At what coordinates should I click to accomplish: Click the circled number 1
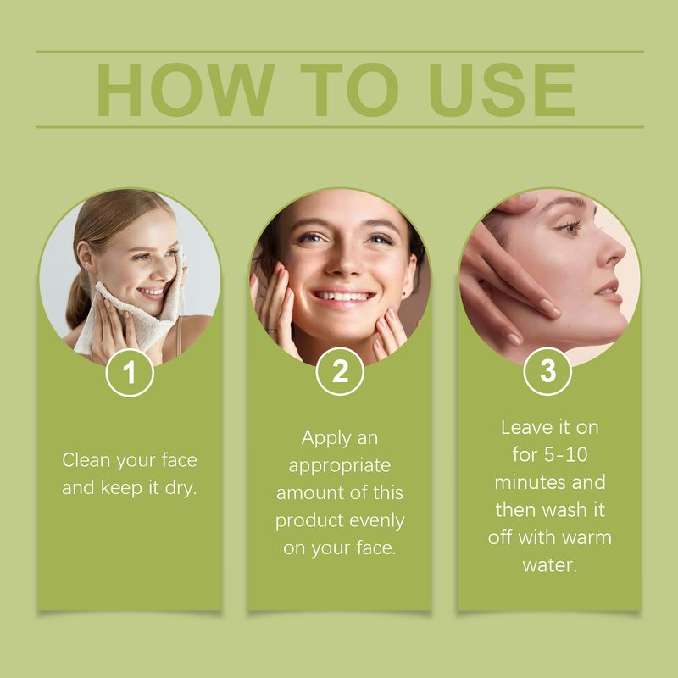coord(130,374)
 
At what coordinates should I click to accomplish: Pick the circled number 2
coord(340,374)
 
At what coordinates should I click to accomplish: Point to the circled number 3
coord(548,374)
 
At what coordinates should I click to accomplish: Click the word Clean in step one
coord(86,460)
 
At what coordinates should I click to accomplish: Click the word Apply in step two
coord(328,438)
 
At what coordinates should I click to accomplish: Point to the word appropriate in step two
coord(339,466)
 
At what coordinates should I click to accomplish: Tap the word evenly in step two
coord(375,520)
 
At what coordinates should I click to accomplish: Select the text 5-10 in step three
coord(564,454)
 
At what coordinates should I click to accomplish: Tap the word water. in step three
coord(549,564)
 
